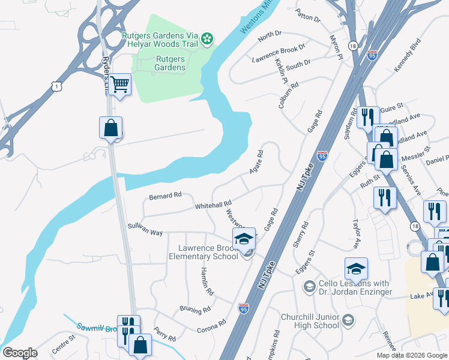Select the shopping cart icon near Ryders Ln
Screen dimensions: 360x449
pyautogui.click(x=121, y=85)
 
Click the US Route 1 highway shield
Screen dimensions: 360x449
pyautogui.click(x=56, y=87)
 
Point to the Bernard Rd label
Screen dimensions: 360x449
pyautogui.click(x=164, y=196)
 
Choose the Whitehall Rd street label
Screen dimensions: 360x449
pyautogui.click(x=213, y=205)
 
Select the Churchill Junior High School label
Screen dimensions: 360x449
pyautogui.click(x=310, y=321)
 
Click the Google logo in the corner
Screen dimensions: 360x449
pyautogui.click(x=20, y=353)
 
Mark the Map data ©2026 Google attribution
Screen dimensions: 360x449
pyautogui.click(x=411, y=355)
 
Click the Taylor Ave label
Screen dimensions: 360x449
pyautogui.click(x=357, y=233)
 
